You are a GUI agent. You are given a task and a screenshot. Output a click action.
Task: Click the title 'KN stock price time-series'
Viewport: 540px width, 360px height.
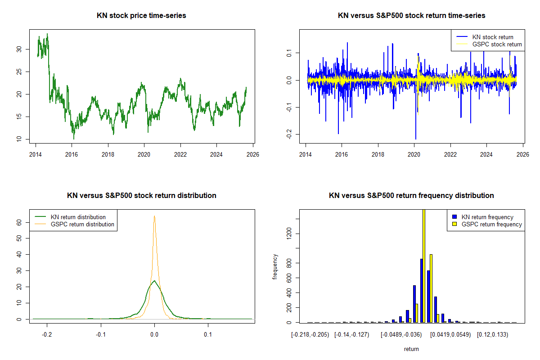coord(141,16)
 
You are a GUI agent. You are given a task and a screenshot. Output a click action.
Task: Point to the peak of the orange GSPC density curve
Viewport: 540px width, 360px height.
coord(154,216)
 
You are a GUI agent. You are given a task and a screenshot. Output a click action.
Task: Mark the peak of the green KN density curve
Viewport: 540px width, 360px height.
coord(154,281)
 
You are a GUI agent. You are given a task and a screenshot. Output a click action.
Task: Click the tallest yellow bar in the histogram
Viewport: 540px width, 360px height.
coord(423,265)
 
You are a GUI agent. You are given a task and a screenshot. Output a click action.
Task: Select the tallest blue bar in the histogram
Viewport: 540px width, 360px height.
coord(421,290)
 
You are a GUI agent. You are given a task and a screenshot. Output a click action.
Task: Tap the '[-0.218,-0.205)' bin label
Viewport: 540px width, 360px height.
coord(310,335)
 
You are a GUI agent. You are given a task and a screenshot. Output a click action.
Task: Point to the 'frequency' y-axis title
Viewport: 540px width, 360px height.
coord(275,267)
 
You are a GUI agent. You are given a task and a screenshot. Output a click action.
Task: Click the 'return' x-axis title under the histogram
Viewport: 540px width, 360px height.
coord(411,349)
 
